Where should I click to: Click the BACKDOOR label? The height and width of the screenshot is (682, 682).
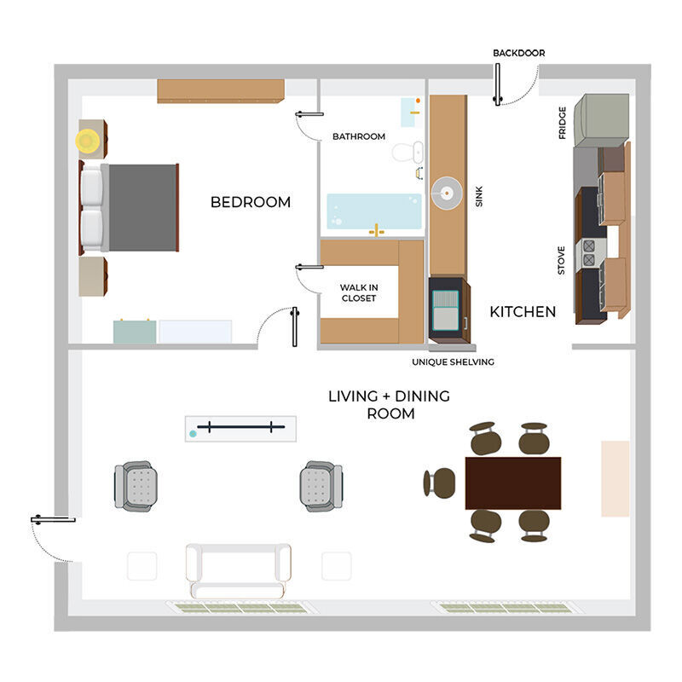(518, 53)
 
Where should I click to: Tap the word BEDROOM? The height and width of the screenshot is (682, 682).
(251, 202)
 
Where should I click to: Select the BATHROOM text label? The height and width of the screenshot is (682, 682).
(359, 136)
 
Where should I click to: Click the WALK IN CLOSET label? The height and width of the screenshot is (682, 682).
(359, 292)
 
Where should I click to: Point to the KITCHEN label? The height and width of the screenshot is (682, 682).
(523, 312)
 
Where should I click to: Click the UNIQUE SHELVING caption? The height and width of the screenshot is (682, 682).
(453, 361)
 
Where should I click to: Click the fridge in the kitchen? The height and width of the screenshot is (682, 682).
(602, 119)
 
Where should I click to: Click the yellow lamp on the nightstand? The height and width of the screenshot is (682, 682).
(89, 141)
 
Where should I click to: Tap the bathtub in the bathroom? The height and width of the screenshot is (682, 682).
(374, 211)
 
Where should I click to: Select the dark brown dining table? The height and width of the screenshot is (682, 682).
(513, 483)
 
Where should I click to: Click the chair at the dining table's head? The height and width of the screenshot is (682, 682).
(440, 483)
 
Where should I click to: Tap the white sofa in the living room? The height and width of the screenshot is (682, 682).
(238, 569)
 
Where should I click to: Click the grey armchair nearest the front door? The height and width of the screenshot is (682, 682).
(136, 486)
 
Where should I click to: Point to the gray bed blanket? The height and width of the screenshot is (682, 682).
(142, 208)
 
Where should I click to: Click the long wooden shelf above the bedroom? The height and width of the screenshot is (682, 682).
(220, 90)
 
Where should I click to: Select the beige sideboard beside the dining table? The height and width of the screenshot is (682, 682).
(615, 478)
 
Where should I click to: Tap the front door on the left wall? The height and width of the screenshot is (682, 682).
(53, 519)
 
